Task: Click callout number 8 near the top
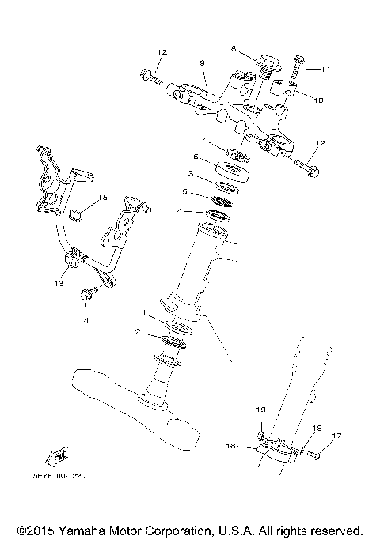point(234,48)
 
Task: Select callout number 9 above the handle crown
point(202,62)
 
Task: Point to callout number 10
point(319,100)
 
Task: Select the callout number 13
point(59,281)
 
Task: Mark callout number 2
point(137,334)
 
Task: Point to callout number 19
point(258,410)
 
